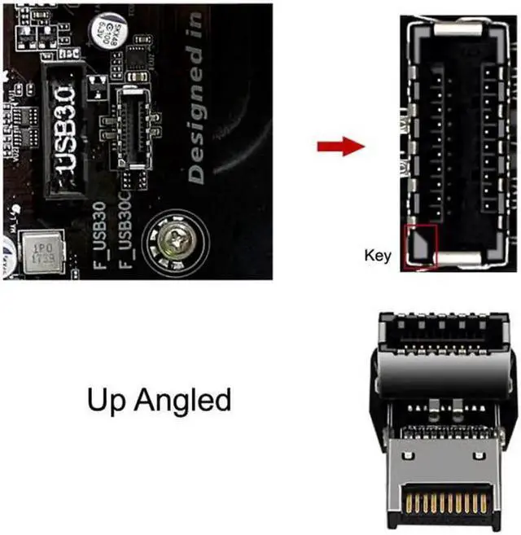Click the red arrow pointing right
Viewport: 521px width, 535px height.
(339, 147)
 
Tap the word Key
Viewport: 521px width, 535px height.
(377, 256)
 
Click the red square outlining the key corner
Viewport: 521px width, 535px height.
(420, 246)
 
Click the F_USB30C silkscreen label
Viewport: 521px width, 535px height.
(126, 237)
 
